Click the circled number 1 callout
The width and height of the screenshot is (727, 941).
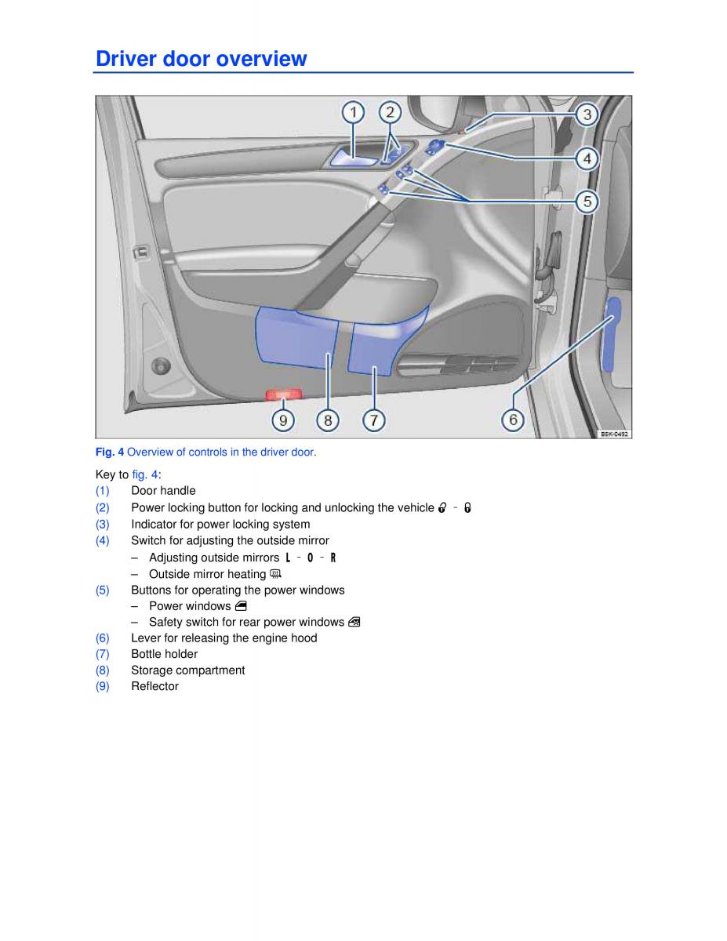coord(353,112)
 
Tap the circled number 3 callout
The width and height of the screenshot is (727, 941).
coord(587,114)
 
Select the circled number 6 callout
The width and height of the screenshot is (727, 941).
coord(513,420)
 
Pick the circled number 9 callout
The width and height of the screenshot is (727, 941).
coord(283,420)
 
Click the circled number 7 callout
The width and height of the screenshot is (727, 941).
coord(374,420)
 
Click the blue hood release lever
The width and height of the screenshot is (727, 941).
coord(612,333)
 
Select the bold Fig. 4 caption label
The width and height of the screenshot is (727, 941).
coord(110,452)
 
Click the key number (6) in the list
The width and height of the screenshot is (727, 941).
coord(103,638)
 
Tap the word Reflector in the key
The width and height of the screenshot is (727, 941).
coord(154,686)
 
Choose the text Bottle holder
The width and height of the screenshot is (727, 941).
coord(164,654)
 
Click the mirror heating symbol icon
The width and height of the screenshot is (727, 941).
coord(275,574)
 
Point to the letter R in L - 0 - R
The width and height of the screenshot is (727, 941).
coord(333,558)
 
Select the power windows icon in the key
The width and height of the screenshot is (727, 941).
coord(241,606)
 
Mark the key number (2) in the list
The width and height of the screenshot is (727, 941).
coord(103,507)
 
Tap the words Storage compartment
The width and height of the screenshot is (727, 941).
coord(187,670)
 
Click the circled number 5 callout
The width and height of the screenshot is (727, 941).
coord(587,202)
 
